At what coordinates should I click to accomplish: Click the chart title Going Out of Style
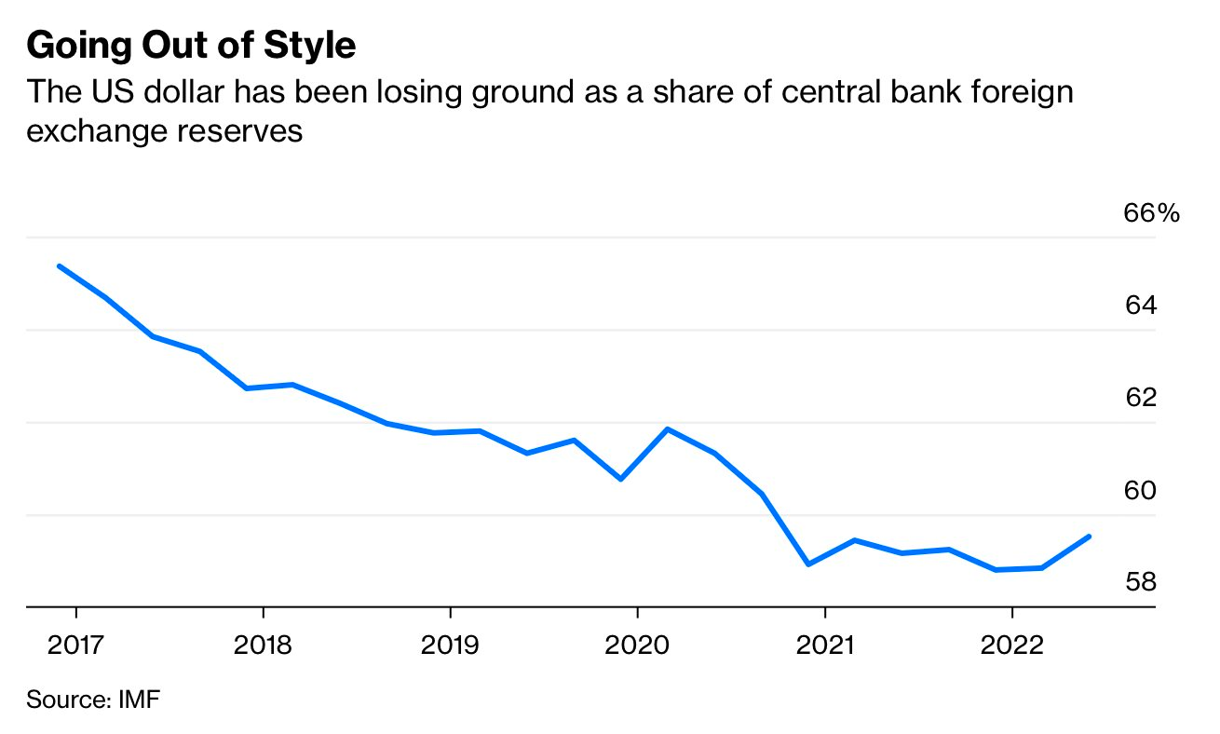[x=191, y=46]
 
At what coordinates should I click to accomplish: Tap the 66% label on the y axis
[x=1151, y=213]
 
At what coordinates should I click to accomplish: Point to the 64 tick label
[x=1141, y=306]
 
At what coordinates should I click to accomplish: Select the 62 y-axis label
[x=1141, y=398]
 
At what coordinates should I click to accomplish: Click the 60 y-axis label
[x=1141, y=490]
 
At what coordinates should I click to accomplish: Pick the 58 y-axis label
[x=1141, y=582]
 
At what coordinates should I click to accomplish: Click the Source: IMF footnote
[x=93, y=700]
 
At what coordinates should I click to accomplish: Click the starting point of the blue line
[x=60, y=266]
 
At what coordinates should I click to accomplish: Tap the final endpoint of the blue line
[x=1090, y=537]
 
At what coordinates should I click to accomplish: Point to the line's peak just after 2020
[x=668, y=428]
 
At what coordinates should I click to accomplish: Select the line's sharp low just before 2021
[x=808, y=564]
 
